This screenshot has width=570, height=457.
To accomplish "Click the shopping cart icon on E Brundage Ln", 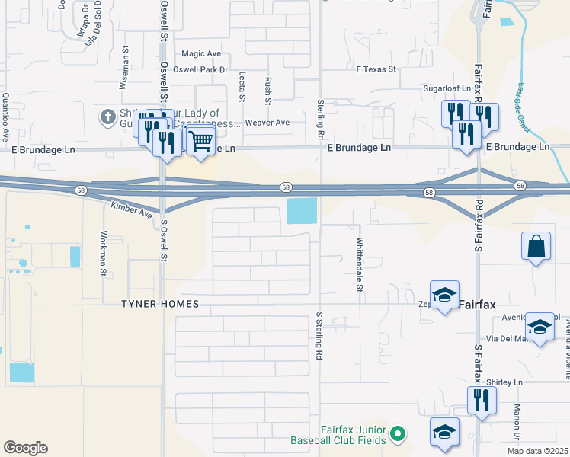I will tap(200, 141).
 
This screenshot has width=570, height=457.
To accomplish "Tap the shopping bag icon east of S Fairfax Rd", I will tap(536, 246).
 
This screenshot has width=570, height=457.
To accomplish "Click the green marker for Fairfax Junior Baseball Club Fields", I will tap(396, 435).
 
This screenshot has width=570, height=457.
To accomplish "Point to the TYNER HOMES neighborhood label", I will tap(160, 305).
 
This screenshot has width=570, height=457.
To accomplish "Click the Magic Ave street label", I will tap(201, 54).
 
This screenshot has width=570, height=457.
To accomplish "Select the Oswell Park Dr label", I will tap(201, 70).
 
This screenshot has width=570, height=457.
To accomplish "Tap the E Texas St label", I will tap(376, 69).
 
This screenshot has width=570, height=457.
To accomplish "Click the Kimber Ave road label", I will tap(132, 208).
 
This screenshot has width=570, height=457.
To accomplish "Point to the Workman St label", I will tap(104, 248).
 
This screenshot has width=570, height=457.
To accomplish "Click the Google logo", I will tap(25, 447).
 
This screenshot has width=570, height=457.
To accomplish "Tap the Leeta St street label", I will tap(242, 87).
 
